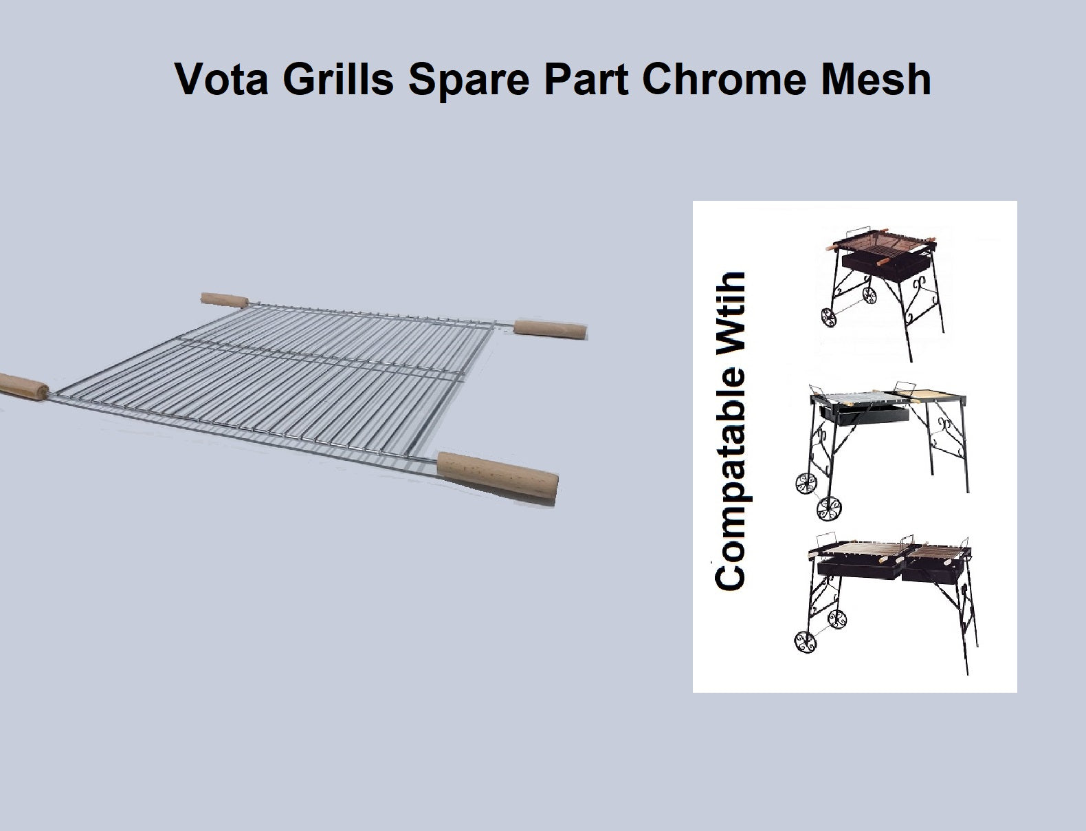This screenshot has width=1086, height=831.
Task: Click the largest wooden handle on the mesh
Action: coord(498,474)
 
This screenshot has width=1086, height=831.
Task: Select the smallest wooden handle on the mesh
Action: coord(224,300)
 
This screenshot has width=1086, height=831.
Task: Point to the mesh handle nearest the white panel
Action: coord(550,330)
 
